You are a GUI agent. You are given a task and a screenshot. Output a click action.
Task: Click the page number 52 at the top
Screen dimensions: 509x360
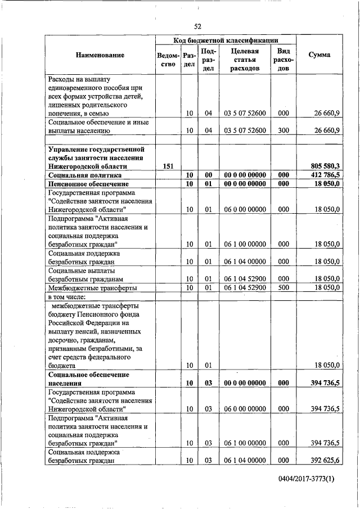[197, 26]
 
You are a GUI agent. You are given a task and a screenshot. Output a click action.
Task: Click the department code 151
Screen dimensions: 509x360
[168, 166]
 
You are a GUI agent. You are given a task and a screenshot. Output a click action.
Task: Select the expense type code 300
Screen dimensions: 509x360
[283, 130]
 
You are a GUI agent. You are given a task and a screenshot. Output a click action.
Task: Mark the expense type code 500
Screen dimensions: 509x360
[283, 287]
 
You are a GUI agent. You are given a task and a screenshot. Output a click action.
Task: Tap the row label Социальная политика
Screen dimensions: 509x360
[81, 175]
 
